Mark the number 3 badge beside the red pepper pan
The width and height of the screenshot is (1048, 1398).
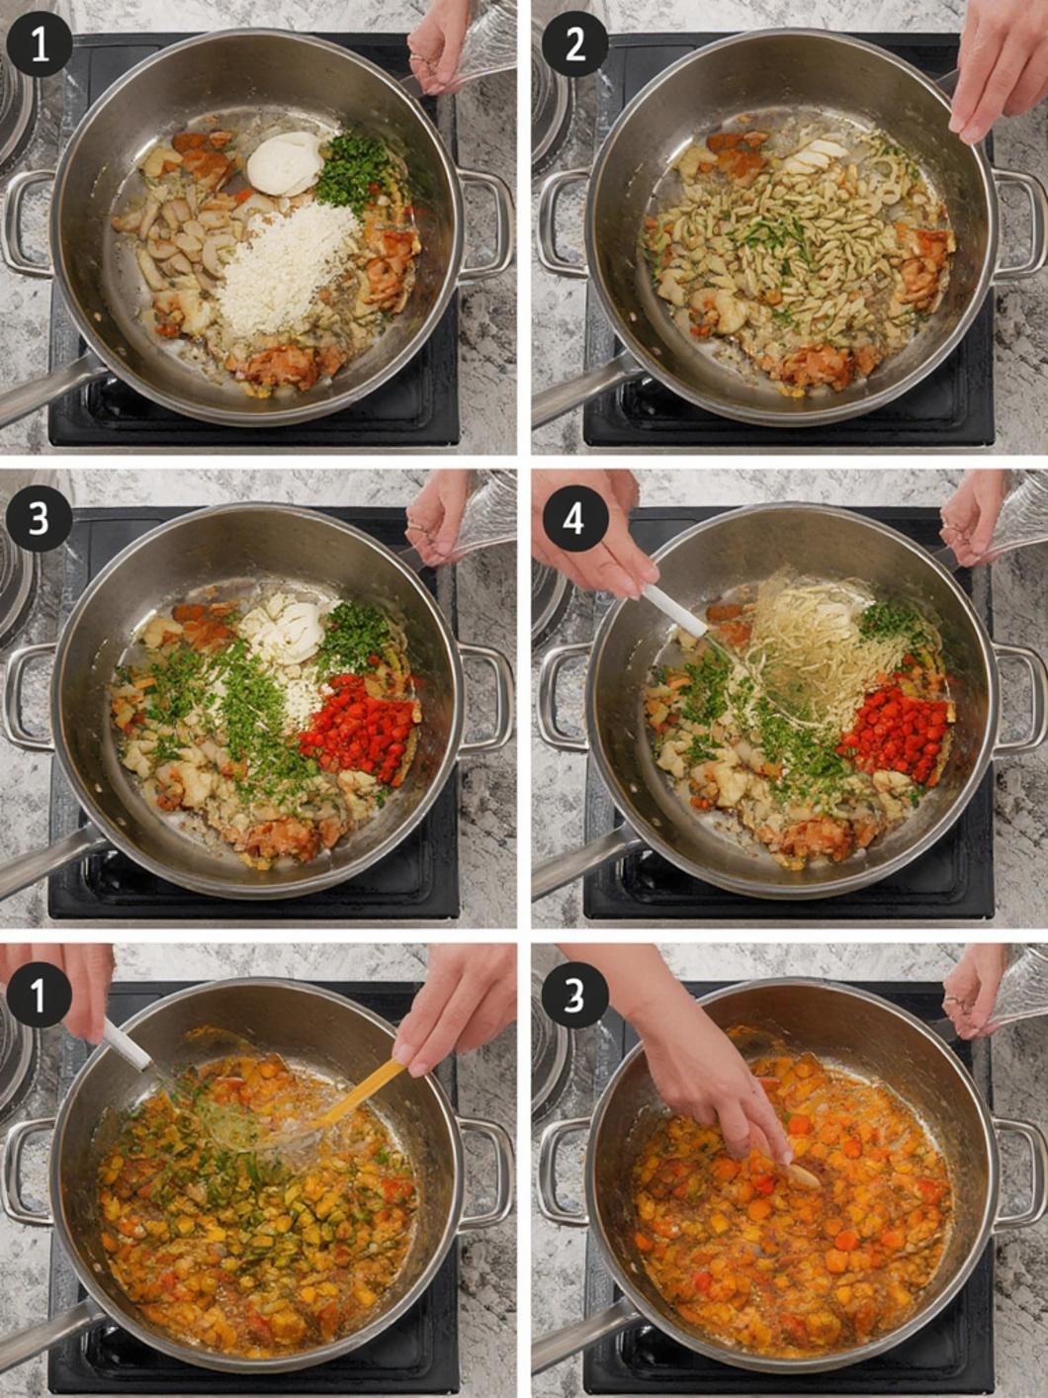point(39,519)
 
